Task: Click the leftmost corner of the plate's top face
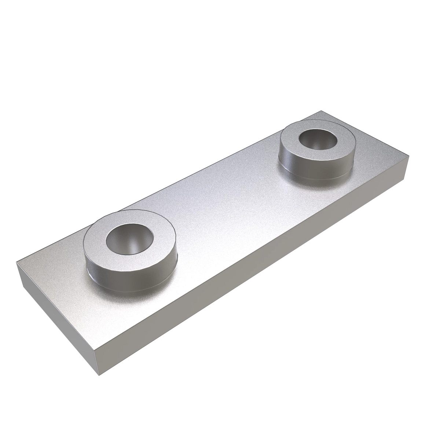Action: coord(17,262)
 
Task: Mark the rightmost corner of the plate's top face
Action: coord(408,157)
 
